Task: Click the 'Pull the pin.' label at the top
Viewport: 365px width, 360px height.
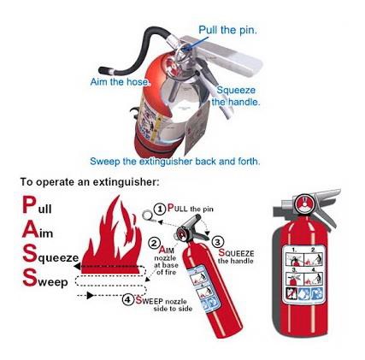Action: point(227,30)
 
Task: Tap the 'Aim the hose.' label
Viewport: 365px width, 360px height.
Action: point(120,82)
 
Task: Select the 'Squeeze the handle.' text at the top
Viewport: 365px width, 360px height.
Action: point(237,95)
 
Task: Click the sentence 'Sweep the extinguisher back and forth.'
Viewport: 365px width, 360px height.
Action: point(174,161)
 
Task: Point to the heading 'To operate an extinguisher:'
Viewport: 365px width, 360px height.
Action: point(90,182)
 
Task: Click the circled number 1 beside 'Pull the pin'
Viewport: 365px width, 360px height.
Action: point(159,209)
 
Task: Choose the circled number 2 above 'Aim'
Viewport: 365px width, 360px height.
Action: point(155,243)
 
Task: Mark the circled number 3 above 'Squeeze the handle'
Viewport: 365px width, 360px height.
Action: point(217,242)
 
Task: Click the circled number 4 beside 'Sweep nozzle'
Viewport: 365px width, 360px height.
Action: point(127,299)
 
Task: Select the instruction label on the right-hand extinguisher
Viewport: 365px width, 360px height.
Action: point(303,274)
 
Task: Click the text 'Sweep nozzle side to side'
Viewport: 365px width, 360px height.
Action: point(154,304)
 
